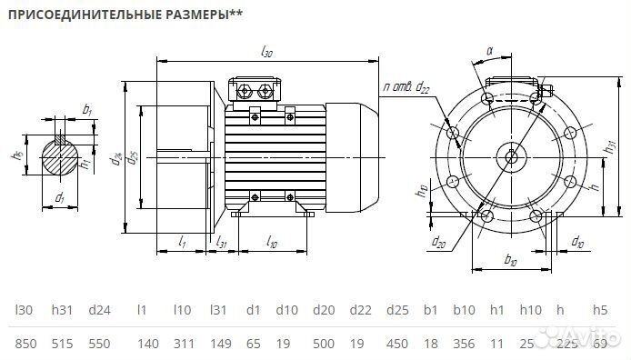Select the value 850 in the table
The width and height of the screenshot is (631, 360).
[x=25, y=344]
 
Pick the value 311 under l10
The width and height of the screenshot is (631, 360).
[x=183, y=344]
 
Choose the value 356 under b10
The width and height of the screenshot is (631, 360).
[x=464, y=344]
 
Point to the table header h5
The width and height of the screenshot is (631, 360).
[x=599, y=310]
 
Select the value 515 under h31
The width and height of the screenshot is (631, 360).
[x=62, y=344]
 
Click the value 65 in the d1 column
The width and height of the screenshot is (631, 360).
[x=253, y=344]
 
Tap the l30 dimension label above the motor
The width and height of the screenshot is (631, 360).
[x=266, y=53]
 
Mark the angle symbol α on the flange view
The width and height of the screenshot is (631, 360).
[x=489, y=53]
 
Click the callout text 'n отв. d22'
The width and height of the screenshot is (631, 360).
[x=406, y=86]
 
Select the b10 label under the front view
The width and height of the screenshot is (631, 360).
[x=509, y=261]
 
